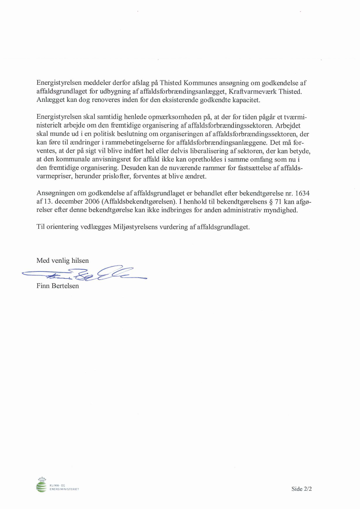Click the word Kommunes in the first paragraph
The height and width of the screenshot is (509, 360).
coord(198,82)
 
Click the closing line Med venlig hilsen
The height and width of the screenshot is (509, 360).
coord(63,261)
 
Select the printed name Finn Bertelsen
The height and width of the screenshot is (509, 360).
coord(58,286)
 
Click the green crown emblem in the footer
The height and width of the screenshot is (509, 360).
coord(42,485)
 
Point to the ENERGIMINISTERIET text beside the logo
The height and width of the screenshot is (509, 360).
coord(64,489)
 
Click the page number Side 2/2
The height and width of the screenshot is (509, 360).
coord(302,489)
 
